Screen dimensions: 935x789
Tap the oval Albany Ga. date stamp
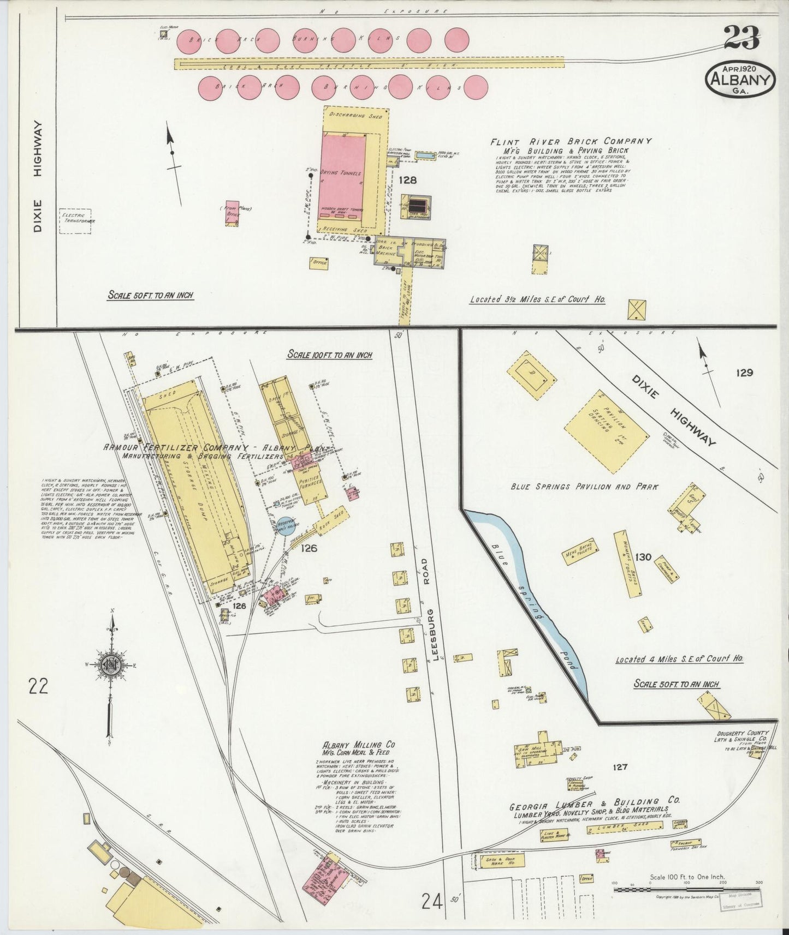[741, 79]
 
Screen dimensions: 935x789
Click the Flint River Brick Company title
[570, 141]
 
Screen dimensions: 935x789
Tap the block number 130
[643, 557]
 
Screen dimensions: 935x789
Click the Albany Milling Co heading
[358, 745]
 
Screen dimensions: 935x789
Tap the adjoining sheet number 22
[40, 685]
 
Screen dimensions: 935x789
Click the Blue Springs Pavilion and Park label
[584, 487]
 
